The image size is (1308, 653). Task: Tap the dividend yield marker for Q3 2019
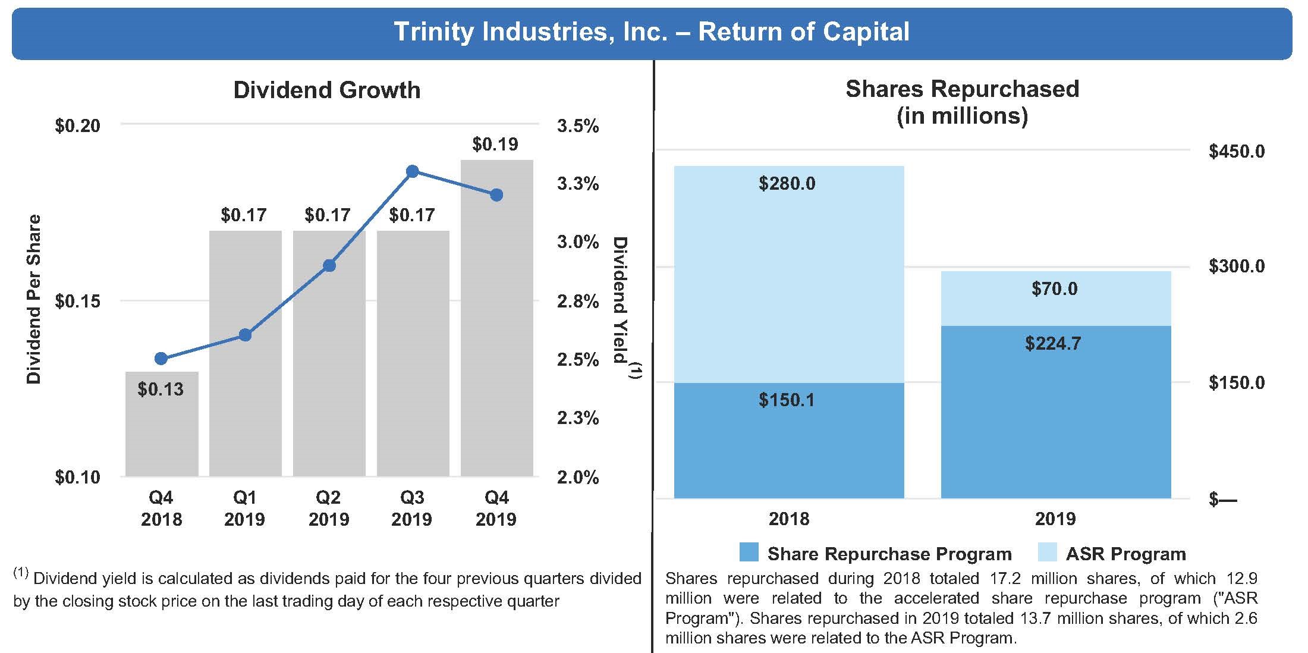tap(412, 171)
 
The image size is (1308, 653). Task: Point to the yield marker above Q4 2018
tap(161, 358)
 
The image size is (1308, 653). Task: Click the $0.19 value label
tap(495, 144)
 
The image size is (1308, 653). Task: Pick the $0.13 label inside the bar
tap(161, 390)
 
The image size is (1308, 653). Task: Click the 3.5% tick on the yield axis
tap(577, 126)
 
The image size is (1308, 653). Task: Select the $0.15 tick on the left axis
tap(77, 302)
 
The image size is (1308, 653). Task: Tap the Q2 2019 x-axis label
tap(329, 508)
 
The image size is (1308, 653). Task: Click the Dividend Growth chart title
tap(326, 90)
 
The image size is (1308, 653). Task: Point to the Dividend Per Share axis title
tap(34, 299)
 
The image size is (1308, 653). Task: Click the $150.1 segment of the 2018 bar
tap(788, 440)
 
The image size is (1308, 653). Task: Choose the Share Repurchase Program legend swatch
tap(749, 552)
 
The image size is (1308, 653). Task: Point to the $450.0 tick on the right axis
tap(1237, 152)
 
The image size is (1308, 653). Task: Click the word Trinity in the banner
tap(433, 32)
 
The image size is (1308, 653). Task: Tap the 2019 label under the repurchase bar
tap(1055, 519)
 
